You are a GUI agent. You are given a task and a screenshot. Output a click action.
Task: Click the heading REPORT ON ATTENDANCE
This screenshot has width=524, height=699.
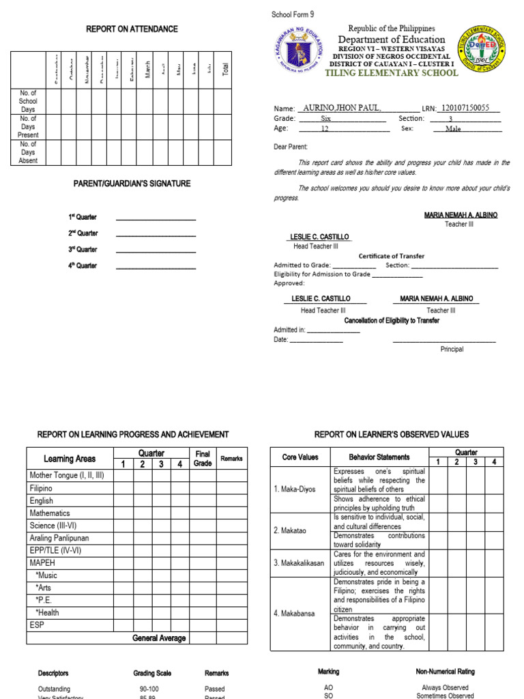132,29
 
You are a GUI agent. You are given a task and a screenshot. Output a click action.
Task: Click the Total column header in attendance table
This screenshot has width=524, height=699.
226,68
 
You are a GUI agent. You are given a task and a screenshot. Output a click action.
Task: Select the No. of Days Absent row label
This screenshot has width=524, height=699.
28,152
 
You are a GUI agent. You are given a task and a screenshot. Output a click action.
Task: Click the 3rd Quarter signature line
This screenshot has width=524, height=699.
156,251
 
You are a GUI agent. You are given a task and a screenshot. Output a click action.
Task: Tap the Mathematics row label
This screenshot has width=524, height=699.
50,513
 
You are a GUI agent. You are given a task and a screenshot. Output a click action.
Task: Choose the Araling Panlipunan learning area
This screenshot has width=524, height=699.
59,538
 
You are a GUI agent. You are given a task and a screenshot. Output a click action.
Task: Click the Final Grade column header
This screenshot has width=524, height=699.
203,458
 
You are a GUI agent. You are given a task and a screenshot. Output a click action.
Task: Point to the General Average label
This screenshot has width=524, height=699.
159,638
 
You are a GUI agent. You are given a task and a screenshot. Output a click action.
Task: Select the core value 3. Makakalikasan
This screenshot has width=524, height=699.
299,563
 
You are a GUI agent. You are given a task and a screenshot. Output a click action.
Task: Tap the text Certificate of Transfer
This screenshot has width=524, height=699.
392,256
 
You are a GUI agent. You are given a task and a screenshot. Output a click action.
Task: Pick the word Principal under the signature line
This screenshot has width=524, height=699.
452,349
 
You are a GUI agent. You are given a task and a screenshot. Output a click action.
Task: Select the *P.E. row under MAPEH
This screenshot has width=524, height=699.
44,600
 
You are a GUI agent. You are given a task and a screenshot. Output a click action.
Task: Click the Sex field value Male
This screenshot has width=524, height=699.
453,128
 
